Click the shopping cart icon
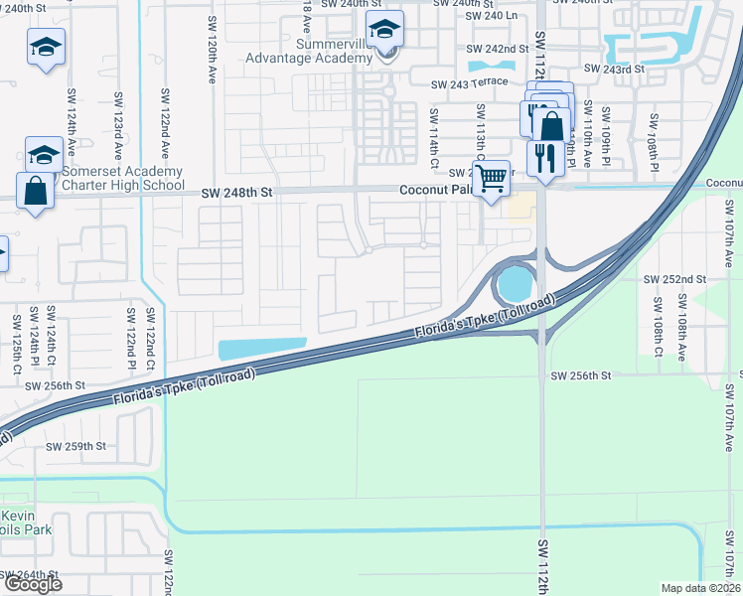(491, 180)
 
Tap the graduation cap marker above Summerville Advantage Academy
(383, 31)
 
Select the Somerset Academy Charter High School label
(122, 178)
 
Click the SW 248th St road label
(236, 194)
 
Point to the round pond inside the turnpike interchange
(514, 285)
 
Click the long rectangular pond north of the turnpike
(261, 348)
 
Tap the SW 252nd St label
(674, 280)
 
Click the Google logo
(32, 583)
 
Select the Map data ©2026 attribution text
(699, 588)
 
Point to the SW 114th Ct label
(434, 135)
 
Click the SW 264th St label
(30, 574)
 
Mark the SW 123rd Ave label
(117, 123)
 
